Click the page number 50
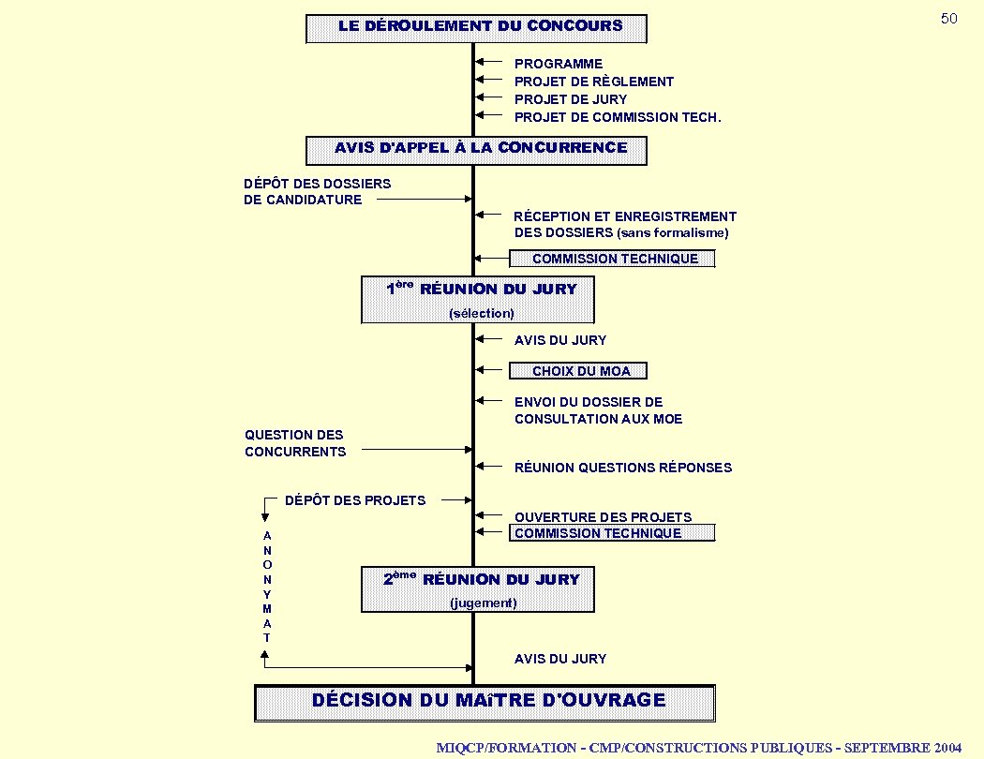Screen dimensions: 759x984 948,19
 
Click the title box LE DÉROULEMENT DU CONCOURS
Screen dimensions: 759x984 476,28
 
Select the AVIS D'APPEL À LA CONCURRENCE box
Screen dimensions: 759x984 476,150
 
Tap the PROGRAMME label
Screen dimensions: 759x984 559,64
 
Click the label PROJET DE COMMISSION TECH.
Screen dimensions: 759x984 618,117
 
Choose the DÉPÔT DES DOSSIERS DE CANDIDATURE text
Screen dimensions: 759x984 317,191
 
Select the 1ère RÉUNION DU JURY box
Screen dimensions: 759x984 478,299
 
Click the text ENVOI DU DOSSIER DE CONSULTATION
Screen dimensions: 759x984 598,410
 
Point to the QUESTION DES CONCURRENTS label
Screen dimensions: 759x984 295,443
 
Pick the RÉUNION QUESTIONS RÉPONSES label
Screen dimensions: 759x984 623,468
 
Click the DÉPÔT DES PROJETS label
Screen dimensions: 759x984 355,500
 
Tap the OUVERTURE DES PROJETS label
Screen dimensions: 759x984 603,517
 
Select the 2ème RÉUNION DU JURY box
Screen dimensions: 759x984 478,589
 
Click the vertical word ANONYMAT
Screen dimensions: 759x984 267,586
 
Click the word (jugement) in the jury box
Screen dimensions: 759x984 483,603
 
